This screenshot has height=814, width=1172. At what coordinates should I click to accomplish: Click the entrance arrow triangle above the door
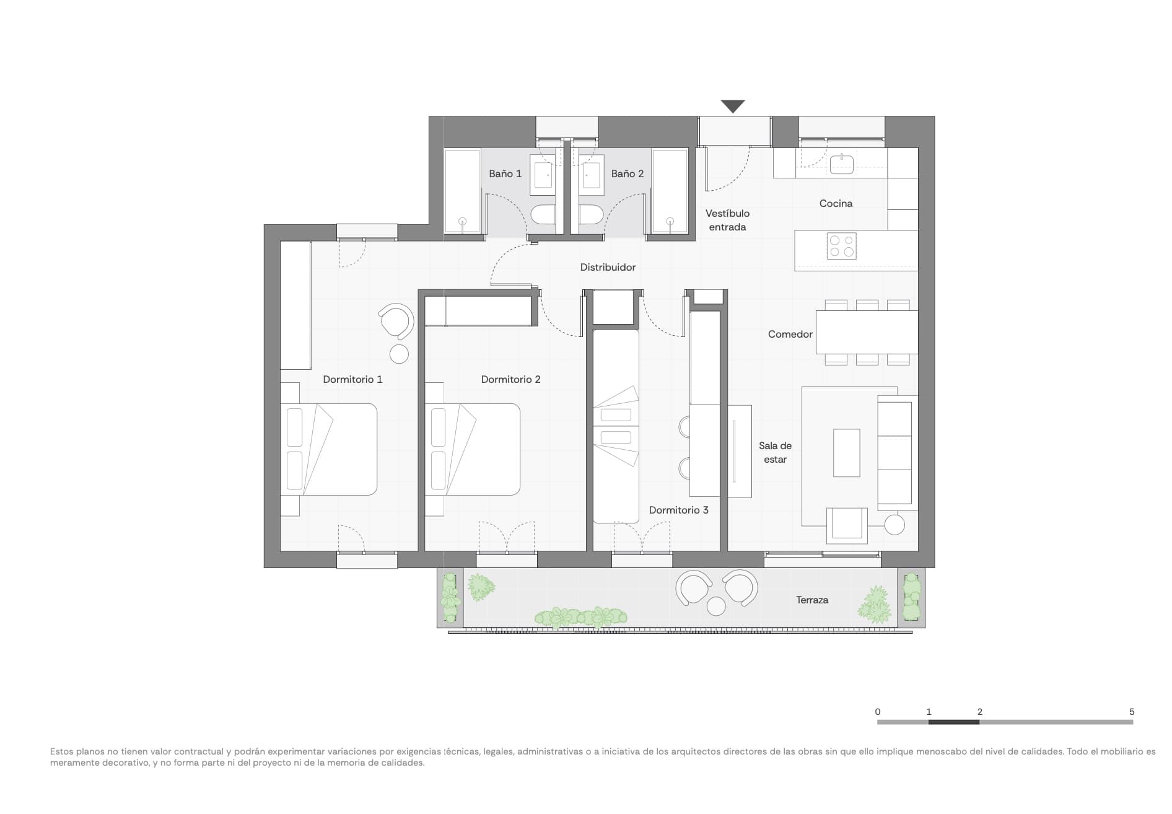point(733,106)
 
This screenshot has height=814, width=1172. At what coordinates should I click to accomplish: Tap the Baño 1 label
point(505,174)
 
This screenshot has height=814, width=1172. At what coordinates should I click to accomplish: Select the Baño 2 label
point(627,174)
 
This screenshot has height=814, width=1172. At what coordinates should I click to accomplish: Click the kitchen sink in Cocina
point(842,165)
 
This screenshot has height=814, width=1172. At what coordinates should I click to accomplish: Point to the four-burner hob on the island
point(842,246)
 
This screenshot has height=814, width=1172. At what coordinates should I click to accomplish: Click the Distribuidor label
point(608,268)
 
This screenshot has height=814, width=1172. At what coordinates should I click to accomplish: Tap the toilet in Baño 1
point(543,215)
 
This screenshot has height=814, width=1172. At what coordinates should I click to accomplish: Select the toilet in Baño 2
point(591,215)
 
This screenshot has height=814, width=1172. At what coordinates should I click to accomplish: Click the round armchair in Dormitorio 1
point(396,321)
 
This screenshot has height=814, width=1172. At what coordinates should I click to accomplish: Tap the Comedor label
point(790,335)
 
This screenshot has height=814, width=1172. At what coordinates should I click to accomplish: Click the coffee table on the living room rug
point(846,453)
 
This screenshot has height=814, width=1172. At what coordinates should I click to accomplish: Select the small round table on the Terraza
point(716,606)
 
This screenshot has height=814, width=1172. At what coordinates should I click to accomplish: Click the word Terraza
point(812,600)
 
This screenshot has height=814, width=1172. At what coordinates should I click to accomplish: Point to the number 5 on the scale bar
point(1132,712)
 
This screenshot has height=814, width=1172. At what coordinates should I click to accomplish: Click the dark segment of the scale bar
point(954,722)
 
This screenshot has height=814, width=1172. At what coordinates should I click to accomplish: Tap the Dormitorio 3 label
point(678,510)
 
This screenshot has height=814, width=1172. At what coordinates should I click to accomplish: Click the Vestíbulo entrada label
point(727,221)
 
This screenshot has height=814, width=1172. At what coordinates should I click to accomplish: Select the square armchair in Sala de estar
point(847,524)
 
